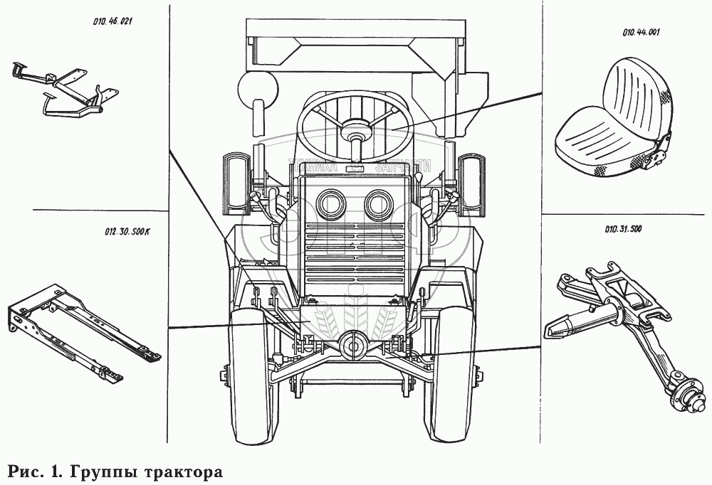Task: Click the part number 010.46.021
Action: (113, 21)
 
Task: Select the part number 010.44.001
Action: (642, 32)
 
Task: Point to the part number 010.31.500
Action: (624, 230)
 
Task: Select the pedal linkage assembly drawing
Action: (68, 89)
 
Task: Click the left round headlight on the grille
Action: (329, 205)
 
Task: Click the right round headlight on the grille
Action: (379, 205)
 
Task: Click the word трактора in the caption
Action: (184, 472)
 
